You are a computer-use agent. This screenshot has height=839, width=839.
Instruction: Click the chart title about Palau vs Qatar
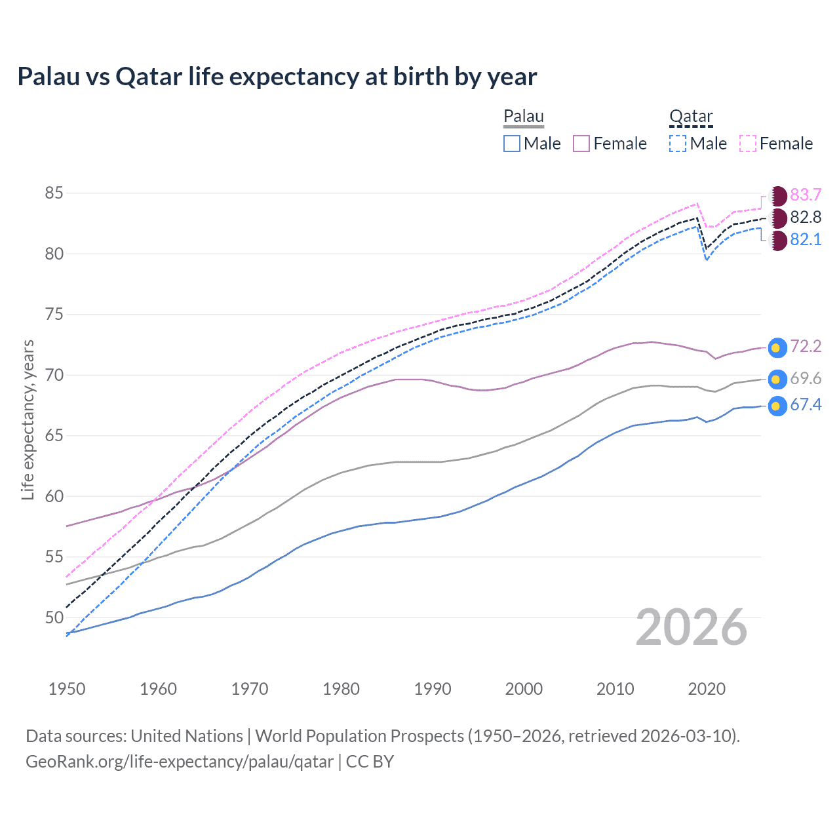[277, 77]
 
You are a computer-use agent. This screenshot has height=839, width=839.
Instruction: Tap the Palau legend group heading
[524, 117]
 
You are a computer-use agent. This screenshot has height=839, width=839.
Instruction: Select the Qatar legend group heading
[691, 117]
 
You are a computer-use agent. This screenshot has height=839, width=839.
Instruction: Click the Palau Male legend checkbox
[512, 144]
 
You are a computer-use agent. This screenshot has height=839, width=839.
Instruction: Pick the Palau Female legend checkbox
[581, 144]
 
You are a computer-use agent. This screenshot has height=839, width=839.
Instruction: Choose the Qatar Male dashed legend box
[678, 144]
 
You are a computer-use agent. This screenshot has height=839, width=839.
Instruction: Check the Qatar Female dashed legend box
[748, 144]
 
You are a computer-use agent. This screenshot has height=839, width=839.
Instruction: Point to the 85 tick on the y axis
[54, 193]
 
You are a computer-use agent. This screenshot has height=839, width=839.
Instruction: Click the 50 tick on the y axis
[54, 617]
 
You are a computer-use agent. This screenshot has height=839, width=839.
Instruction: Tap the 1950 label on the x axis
[67, 689]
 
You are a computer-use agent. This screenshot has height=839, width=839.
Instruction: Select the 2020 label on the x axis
[707, 689]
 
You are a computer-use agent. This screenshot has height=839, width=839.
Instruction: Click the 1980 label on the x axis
[341, 689]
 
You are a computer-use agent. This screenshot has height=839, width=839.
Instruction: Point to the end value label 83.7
[806, 195]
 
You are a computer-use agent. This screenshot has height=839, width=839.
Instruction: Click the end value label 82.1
[806, 240]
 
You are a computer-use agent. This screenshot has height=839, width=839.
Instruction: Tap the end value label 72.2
[806, 347]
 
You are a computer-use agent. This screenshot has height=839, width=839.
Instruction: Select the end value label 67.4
[806, 405]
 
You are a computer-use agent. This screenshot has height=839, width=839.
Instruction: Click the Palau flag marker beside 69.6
[777, 380]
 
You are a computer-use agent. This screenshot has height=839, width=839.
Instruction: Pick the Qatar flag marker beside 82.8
[778, 218]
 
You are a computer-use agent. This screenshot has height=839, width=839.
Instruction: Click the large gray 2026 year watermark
[691, 627]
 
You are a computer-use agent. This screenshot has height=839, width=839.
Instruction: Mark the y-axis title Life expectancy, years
[28, 419]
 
